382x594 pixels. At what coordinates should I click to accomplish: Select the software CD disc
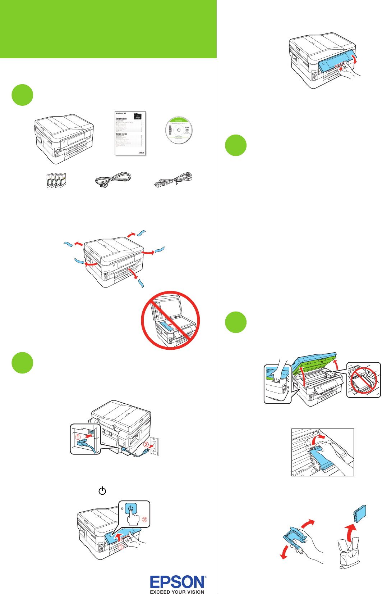pyautogui.click(x=179, y=130)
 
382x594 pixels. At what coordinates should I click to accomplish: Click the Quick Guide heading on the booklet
pyautogui.click(x=121, y=118)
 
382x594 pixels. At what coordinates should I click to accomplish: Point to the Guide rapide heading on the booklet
pyautogui.click(x=121, y=134)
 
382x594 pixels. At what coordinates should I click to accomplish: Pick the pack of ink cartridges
pyautogui.click(x=56, y=180)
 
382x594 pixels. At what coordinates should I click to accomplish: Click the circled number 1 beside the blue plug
pyautogui.click(x=78, y=437)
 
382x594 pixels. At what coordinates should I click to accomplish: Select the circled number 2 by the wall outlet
pyautogui.click(x=146, y=444)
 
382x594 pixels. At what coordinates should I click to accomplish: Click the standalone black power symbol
pyautogui.click(x=102, y=491)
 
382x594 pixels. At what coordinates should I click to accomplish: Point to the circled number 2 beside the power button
pyautogui.click(x=144, y=519)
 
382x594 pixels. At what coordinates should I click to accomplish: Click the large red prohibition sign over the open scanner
pyautogui.click(x=170, y=320)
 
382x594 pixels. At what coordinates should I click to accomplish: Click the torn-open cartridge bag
pyautogui.click(x=348, y=552)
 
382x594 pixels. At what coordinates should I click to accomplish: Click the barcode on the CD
pyautogui.click(x=170, y=130)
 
